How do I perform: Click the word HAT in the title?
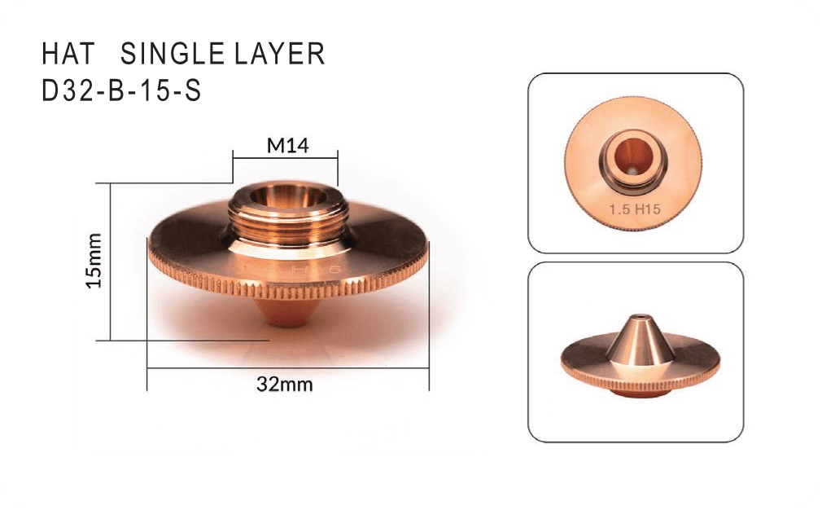(68, 54)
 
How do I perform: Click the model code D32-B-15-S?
(121, 90)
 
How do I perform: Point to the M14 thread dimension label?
(288, 145)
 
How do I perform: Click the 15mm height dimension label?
(94, 261)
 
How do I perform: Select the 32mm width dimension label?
(285, 385)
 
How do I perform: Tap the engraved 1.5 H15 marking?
(634, 209)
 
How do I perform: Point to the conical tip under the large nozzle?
(287, 313)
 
